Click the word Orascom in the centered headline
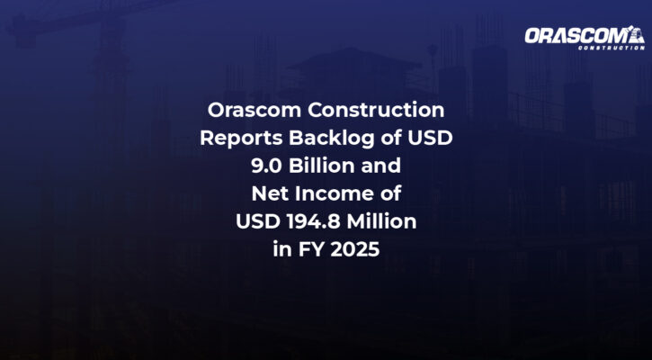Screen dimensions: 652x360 [x=255, y=110]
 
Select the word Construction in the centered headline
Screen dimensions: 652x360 [x=376, y=110]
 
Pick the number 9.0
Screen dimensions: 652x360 [x=266, y=166]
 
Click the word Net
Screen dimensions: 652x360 [x=268, y=193]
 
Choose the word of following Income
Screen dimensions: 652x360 [x=390, y=193]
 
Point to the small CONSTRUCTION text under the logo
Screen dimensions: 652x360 [x=612, y=48]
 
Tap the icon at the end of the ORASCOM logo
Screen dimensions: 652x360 [x=636, y=34]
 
